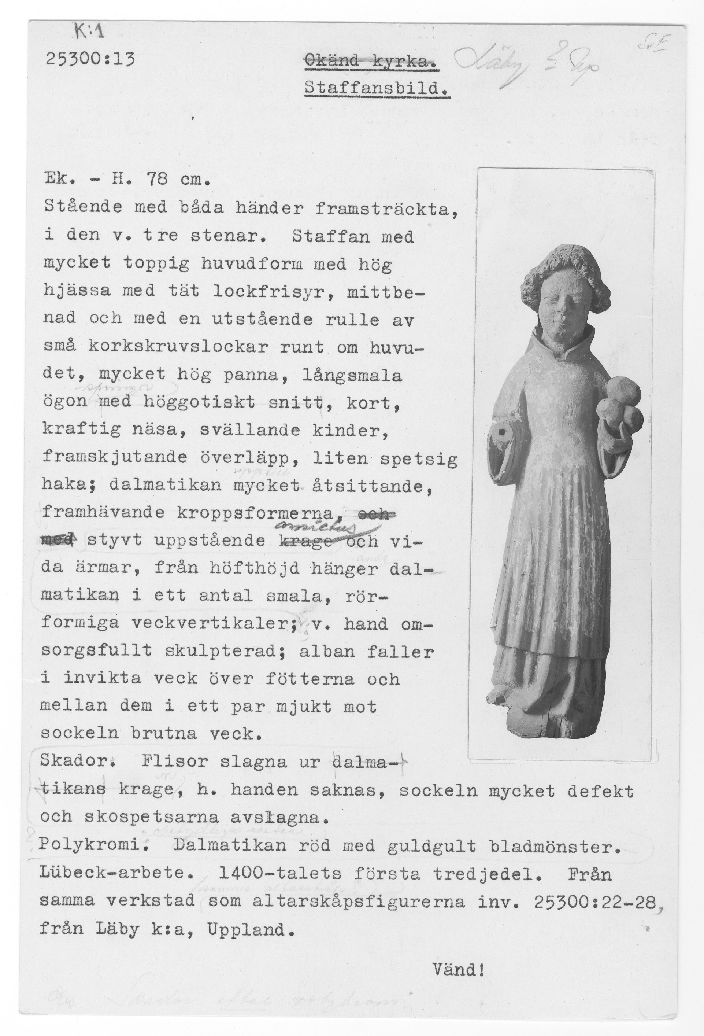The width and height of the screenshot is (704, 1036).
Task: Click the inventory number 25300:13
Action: pos(90,59)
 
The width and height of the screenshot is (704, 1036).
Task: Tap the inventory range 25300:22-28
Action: pos(595,900)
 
